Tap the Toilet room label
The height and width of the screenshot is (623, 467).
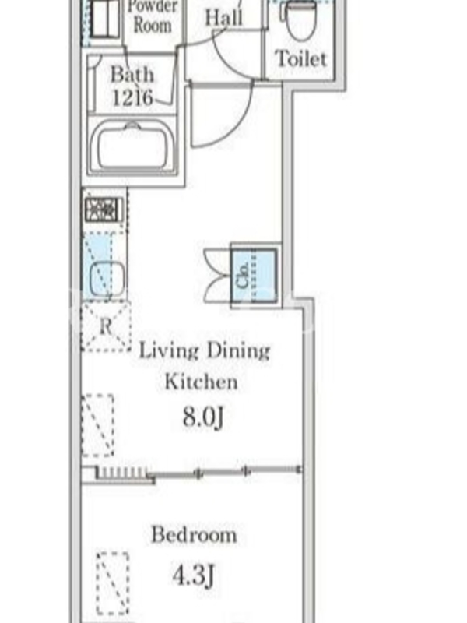301,59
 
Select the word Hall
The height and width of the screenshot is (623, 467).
223,18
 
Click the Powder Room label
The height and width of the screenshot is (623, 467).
153,16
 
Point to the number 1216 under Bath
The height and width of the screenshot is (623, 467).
132,97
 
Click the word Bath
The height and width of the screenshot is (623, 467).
132,74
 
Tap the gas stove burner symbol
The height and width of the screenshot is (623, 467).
104,210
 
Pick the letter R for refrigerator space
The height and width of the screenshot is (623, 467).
106,326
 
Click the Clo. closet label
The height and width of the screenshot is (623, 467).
242,275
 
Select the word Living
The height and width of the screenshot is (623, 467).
169,351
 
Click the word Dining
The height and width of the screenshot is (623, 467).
238,351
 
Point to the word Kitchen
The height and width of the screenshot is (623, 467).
201,382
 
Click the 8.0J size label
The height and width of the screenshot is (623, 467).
203,417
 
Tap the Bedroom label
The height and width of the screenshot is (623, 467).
194,534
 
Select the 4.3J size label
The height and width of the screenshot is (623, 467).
193,575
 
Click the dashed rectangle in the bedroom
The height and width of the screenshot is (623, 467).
113,583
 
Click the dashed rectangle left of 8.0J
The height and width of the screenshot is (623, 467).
98,425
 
